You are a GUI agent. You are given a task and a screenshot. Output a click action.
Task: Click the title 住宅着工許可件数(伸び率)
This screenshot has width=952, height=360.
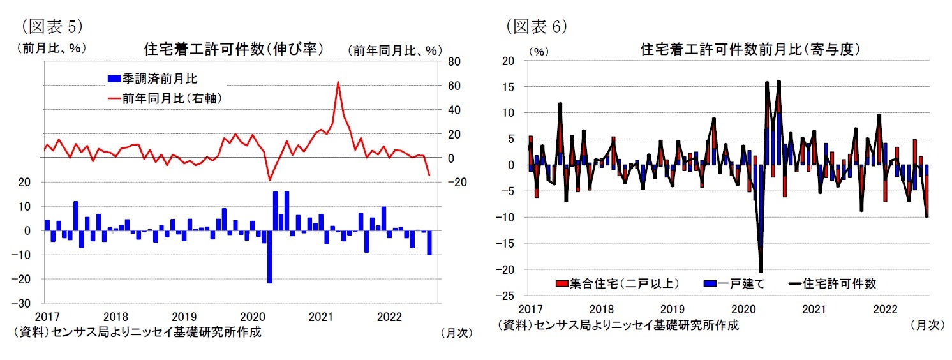tap(234, 49)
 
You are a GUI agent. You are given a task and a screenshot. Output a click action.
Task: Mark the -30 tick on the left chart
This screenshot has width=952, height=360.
tap(29, 303)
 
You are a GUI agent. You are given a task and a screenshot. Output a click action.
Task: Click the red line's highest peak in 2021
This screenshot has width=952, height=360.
tap(338, 82)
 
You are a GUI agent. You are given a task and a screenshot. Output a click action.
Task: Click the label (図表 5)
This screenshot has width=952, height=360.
tap(52, 26)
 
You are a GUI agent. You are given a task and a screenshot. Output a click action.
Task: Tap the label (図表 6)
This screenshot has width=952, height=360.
tap(536, 26)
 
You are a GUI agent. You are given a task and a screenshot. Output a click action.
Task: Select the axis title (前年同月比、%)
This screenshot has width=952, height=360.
tap(394, 49)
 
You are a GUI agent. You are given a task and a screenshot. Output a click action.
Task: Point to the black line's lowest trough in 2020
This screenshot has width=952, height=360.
tap(761, 271)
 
